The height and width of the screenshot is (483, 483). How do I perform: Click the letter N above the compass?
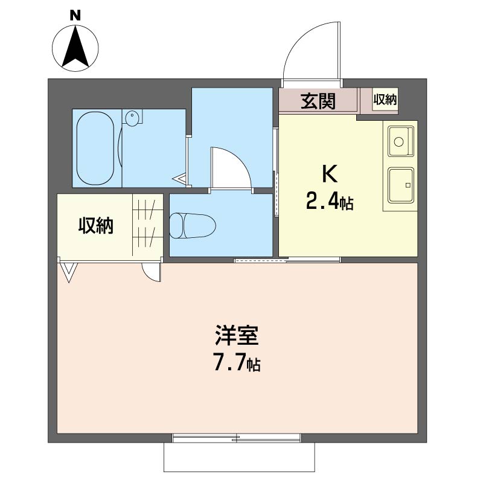tap(75, 15)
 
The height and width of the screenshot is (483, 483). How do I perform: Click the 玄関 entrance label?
tap(318, 101)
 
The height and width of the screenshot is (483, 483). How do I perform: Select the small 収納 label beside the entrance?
tap(385, 100)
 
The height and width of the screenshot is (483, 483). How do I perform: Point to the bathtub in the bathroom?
tap(95, 148)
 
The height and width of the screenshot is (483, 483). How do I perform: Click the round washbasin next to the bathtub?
tap(132, 118)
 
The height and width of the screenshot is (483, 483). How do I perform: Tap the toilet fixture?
tap(193, 225)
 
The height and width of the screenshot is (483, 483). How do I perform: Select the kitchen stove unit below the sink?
tap(401, 185)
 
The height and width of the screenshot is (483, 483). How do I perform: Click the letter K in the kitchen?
tap(330, 174)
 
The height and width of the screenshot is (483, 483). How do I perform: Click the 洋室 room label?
tap(237, 335)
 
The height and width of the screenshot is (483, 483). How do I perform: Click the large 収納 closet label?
tap(96, 225)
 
